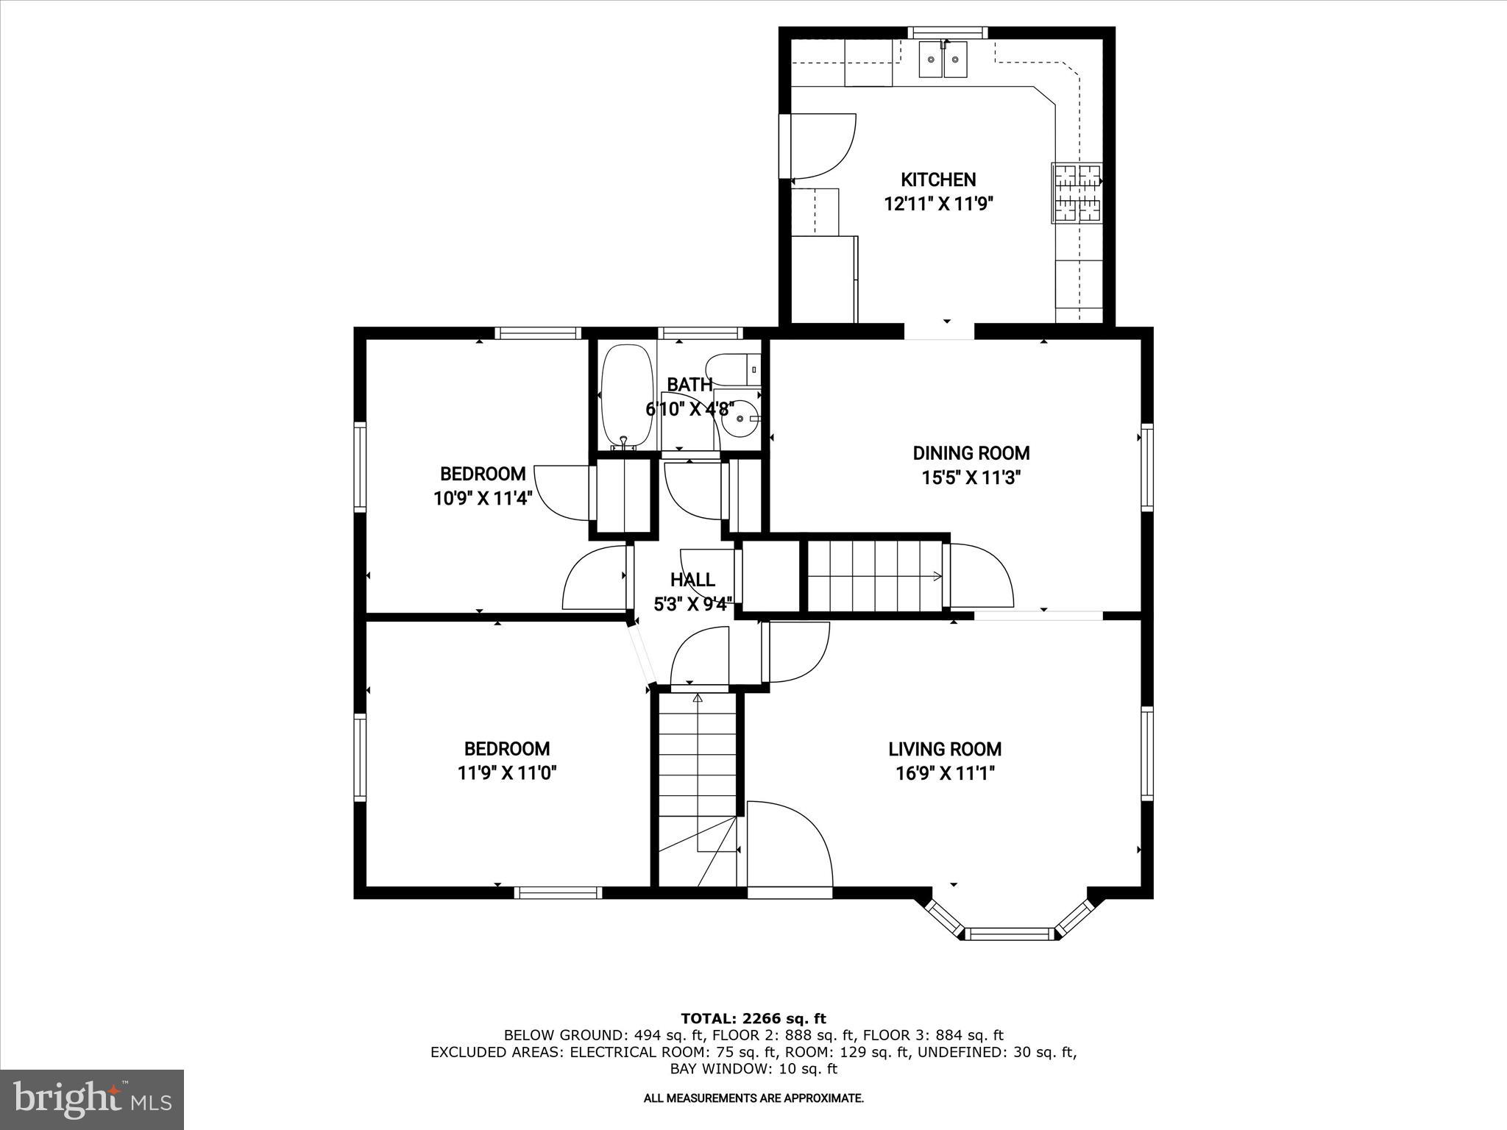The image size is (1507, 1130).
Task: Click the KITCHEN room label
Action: (938, 180)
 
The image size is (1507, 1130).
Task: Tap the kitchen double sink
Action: (943, 60)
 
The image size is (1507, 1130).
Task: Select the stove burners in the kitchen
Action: (1077, 193)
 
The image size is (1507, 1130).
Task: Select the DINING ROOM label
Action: (971, 453)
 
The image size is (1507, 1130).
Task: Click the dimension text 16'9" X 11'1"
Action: (945, 773)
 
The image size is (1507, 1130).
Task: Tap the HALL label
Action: (692, 580)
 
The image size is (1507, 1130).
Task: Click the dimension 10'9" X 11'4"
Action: (483, 498)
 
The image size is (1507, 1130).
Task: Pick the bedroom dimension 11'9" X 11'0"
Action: (507, 773)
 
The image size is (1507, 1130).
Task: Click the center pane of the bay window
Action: (1009, 934)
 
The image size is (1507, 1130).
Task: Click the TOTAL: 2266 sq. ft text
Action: (753, 1019)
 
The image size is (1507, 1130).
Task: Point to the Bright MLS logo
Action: (92, 1099)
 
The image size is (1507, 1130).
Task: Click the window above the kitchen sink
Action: (946, 32)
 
